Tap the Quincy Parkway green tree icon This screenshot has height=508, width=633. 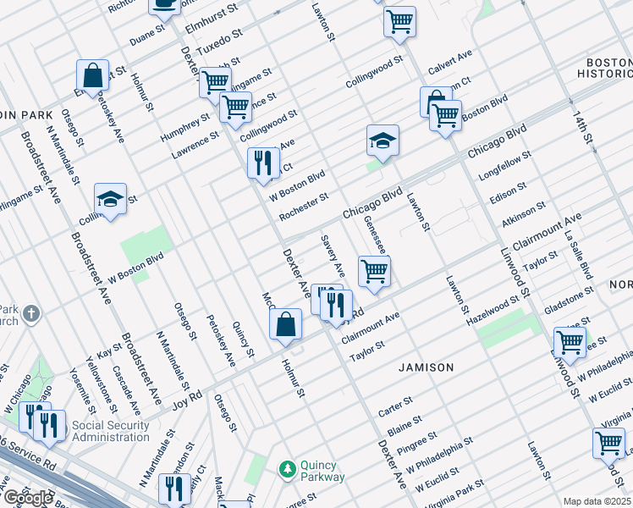(288, 467)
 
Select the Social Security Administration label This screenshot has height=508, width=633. (110, 431)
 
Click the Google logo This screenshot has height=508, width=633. (28, 498)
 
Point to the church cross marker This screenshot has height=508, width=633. (31, 315)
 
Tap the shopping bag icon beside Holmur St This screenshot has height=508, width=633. (286, 323)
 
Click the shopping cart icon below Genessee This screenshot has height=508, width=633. (374, 271)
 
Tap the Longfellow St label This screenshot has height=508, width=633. (505, 167)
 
